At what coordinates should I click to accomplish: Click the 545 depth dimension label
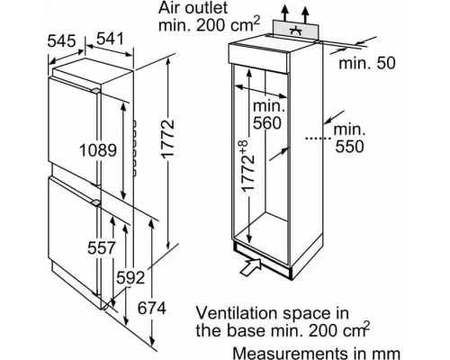[x=61, y=40]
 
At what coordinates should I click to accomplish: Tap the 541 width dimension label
[x=110, y=39]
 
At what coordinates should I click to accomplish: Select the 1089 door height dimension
[x=98, y=150]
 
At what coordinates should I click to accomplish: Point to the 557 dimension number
[x=102, y=247]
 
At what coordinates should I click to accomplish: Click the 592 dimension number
[x=130, y=277]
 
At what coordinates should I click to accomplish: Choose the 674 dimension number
[x=151, y=308]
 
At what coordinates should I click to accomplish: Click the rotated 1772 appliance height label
[x=167, y=139]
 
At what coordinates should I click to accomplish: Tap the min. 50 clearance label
[x=367, y=63]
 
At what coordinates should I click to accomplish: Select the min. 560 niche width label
[x=267, y=114]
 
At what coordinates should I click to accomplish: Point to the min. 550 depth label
[x=349, y=138]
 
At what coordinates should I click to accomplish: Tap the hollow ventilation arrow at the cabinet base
[x=251, y=266]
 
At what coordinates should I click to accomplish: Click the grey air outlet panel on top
[x=295, y=30]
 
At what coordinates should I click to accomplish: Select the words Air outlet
[x=193, y=8]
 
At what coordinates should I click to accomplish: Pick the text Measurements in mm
[x=316, y=354]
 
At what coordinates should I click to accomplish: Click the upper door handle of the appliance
[x=95, y=91]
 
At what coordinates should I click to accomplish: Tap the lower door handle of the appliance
[x=95, y=202]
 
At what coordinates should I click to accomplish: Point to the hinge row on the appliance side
[x=135, y=148]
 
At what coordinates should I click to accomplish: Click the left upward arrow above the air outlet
[x=284, y=13]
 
